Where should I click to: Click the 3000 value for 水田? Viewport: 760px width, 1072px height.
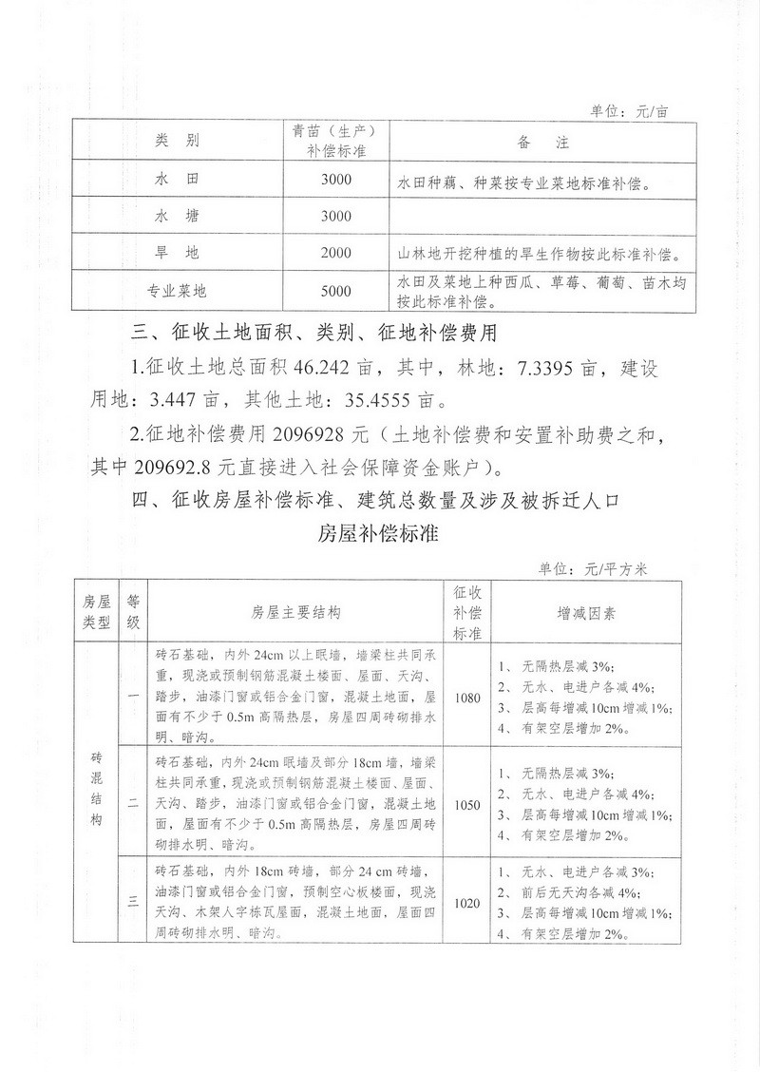[336, 180]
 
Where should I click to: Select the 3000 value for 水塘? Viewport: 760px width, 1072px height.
[336, 217]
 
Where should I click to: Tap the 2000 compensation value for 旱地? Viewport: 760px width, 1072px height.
[336, 254]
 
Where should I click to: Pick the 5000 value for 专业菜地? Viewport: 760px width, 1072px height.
[336, 292]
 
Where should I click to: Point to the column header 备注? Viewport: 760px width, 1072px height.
[542, 143]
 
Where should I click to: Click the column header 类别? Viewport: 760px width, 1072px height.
[177, 143]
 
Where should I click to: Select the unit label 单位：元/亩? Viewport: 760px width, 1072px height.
[629, 111]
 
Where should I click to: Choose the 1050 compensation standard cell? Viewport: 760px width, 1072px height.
[467, 804]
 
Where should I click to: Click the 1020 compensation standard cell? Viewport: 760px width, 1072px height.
[467, 903]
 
